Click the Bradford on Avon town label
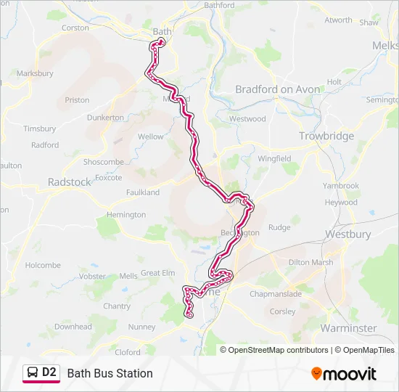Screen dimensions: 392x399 (277, 89)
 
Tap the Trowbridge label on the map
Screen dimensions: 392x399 (326, 136)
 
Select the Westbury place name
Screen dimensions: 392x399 (347, 234)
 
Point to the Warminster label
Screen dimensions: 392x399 (348, 328)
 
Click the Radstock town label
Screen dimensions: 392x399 (70, 182)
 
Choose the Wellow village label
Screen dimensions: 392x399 (151, 136)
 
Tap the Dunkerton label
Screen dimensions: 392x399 (105, 117)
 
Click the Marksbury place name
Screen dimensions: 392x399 (35, 73)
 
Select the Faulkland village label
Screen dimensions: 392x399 (143, 192)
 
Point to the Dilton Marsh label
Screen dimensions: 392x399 (310, 263)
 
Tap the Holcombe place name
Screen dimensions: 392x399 (43, 266)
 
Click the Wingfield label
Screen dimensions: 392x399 (274, 158)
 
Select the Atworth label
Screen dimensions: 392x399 (338, 20)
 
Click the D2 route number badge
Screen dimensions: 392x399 (49, 372)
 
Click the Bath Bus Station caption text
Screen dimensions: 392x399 (110, 373)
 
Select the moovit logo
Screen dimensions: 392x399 (344, 374)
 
